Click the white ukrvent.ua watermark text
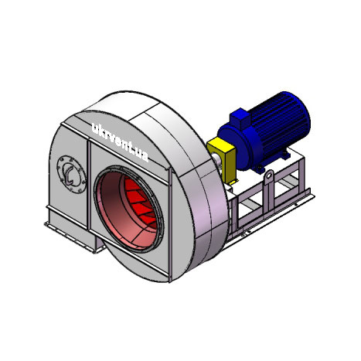point(120,141)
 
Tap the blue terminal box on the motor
point(240,118)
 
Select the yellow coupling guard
point(222,160)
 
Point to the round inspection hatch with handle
point(71,174)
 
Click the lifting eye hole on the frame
point(269,175)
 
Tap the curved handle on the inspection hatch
point(69,175)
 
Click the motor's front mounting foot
point(258,169)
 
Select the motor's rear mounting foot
point(285,155)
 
